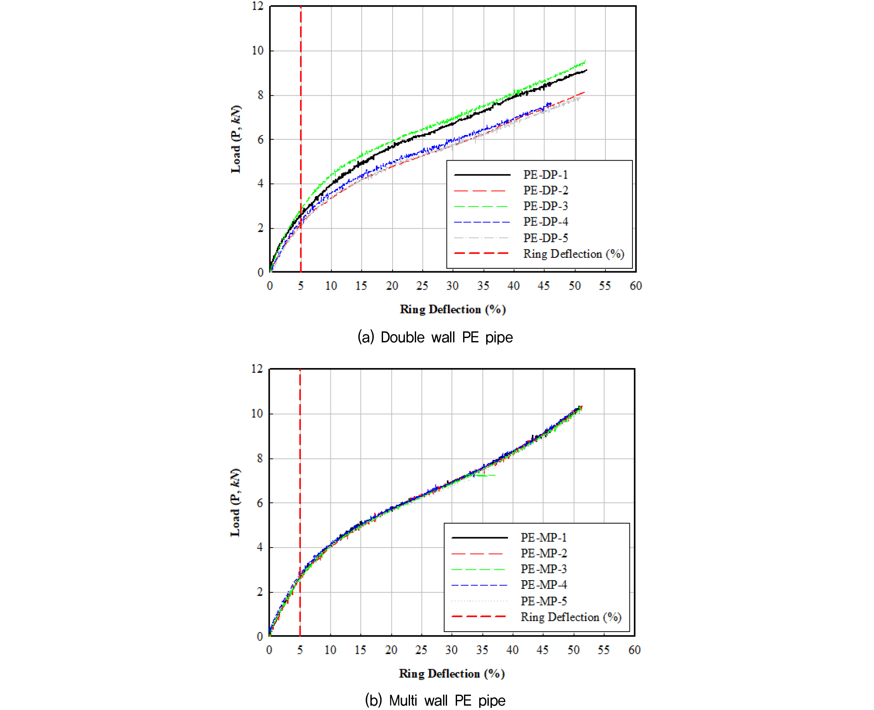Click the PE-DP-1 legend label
coord(545,175)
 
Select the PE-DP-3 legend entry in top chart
coord(545,206)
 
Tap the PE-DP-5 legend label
coord(545,238)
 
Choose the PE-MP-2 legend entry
coord(544,553)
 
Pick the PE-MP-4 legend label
coord(544,585)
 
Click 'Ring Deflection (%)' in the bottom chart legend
coord(571,617)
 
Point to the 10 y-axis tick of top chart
coord(258,51)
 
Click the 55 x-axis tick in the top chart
coord(605,286)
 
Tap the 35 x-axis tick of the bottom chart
coord(482,650)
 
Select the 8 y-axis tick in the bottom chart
coord(260,458)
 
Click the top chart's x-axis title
coord(453,309)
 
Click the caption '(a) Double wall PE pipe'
coord(435,337)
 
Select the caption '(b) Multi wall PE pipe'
coord(435,700)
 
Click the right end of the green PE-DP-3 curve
coord(585,61)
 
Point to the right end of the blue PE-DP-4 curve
coord(550,104)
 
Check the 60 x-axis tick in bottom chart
coord(634,650)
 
